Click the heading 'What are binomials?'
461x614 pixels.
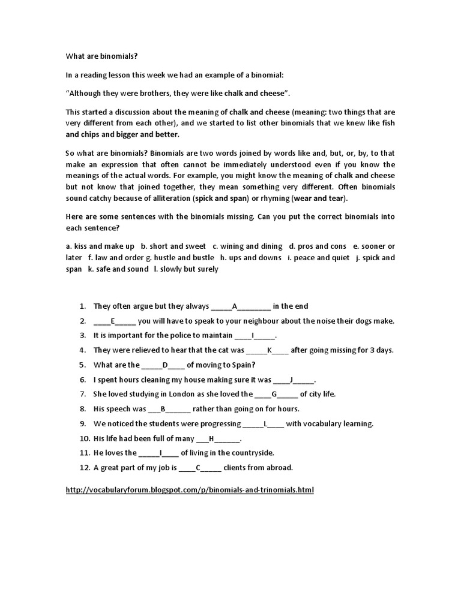(x=101, y=56)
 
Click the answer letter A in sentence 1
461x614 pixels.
(x=235, y=306)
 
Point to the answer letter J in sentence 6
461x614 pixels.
(x=291, y=380)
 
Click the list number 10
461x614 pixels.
(x=83, y=438)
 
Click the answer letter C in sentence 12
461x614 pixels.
(x=198, y=468)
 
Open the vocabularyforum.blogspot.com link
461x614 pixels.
(x=190, y=490)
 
